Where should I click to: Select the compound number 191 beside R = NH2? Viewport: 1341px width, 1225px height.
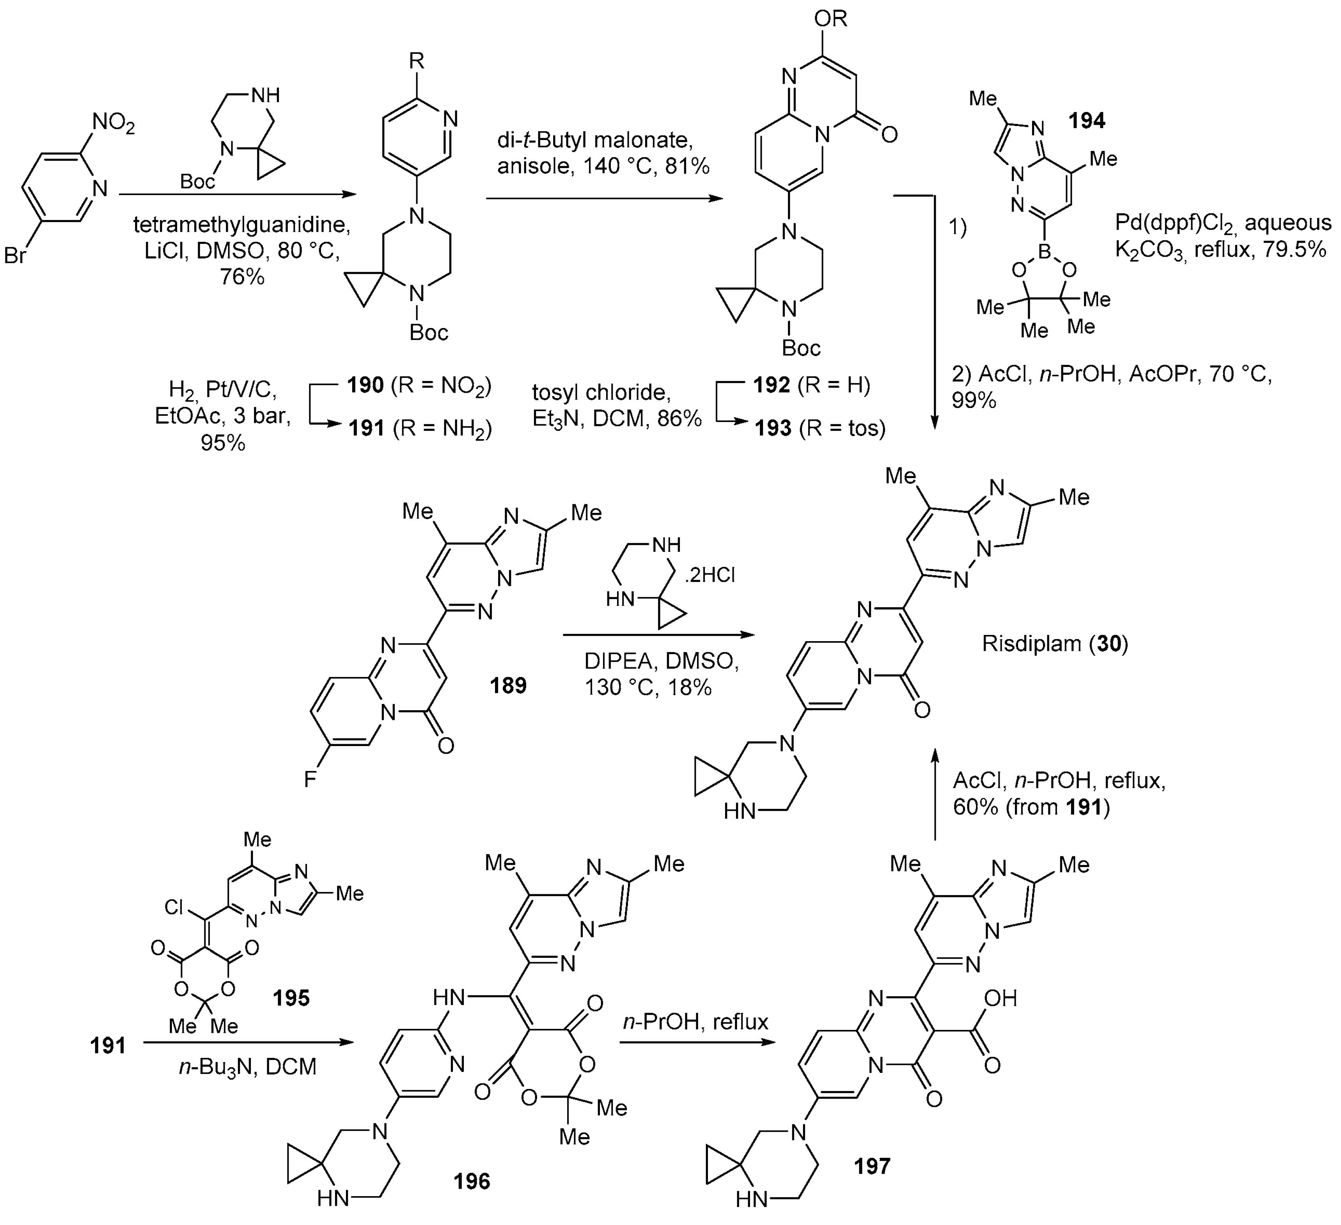click(367, 427)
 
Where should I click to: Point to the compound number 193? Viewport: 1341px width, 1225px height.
click(773, 427)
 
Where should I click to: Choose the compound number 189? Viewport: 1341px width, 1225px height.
click(508, 685)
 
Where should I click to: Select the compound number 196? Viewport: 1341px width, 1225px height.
click(472, 1181)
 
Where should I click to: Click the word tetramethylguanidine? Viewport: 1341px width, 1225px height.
click(241, 225)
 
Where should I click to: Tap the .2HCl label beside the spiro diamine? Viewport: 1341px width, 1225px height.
click(710, 575)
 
